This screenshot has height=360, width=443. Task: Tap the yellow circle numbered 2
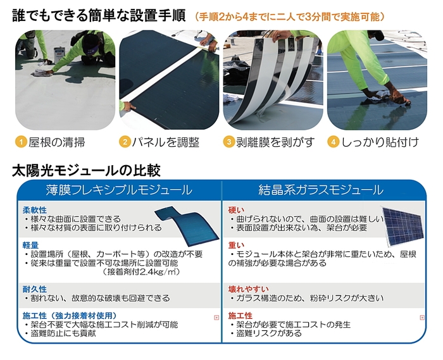[x=125, y=142]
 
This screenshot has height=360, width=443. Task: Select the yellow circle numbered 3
[x=229, y=142]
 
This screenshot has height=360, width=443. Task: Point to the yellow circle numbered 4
[x=333, y=142]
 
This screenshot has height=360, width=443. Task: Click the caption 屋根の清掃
[x=58, y=142]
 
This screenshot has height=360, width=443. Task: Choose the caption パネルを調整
[x=166, y=142]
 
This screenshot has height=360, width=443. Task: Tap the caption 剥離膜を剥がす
[x=276, y=142]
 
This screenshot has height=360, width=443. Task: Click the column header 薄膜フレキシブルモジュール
[x=119, y=190]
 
